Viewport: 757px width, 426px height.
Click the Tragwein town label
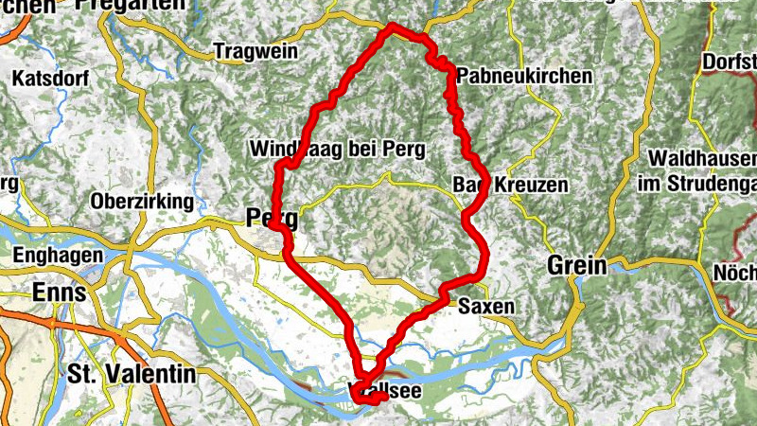tap(255, 51)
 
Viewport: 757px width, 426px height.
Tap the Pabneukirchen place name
tap(524, 76)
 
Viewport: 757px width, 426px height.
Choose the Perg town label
tap(271, 219)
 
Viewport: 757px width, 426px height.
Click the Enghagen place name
tap(58, 255)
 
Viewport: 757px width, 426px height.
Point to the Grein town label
tap(576, 266)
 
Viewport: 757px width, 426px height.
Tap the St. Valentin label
tap(132, 373)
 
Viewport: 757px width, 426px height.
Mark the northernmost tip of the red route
tap(390, 26)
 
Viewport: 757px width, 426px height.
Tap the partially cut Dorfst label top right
tap(730, 62)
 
